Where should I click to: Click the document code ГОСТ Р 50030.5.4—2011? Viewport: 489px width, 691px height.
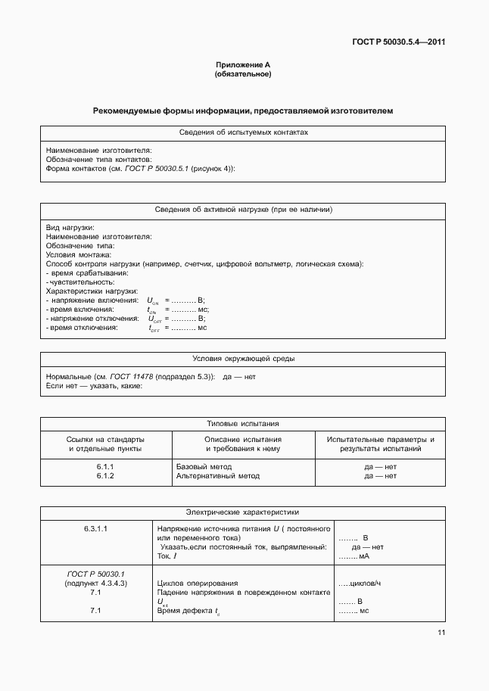click(399, 42)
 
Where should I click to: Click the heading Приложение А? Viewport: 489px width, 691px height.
click(243, 66)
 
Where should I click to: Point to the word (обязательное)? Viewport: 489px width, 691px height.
click(243, 74)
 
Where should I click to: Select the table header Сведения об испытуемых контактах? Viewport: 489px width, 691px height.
click(243, 132)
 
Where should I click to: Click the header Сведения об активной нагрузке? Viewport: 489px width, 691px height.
click(243, 210)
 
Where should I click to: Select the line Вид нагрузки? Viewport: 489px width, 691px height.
click(70, 228)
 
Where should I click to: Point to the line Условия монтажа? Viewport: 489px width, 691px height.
click(79, 255)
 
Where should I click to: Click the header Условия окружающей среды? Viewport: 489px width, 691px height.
click(243, 358)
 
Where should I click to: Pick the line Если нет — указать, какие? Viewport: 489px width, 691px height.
click(94, 386)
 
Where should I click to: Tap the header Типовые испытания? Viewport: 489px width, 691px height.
click(243, 424)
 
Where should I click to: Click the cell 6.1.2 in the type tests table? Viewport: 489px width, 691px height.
click(105, 476)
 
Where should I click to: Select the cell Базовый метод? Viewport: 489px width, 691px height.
click(204, 467)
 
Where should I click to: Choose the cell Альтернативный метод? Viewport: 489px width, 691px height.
click(217, 476)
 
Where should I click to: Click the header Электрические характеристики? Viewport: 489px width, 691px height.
click(243, 512)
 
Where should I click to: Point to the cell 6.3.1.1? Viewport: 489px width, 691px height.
click(95, 528)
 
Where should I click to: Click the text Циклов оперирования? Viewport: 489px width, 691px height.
click(198, 584)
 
